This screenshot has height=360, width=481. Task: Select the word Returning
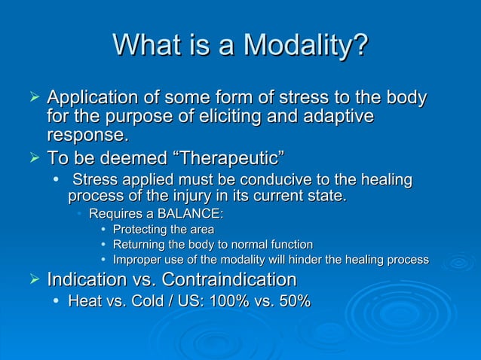pyautogui.click(x=139, y=245)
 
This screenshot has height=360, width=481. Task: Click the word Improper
pyautogui.click(x=137, y=260)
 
